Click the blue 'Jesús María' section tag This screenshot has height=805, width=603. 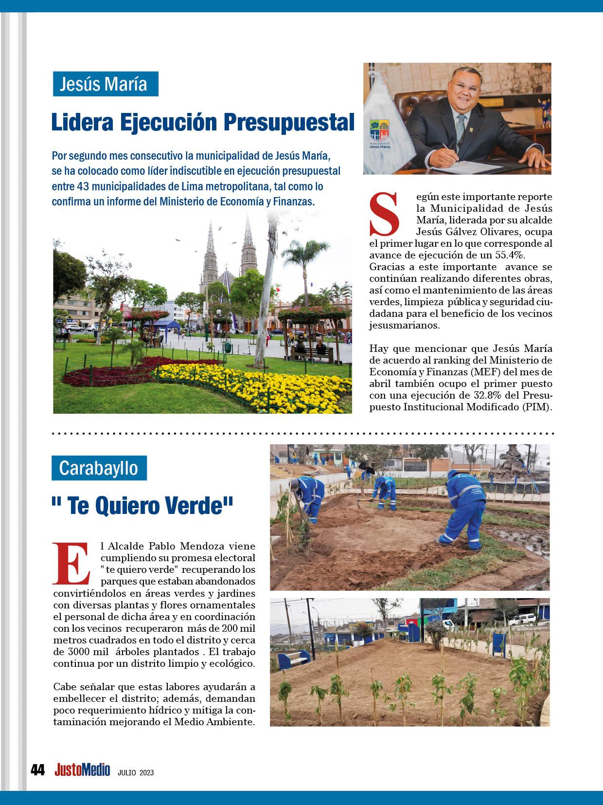pos(106,84)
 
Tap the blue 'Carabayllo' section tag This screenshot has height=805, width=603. pos(99,468)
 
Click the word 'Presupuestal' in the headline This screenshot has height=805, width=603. pos(290,122)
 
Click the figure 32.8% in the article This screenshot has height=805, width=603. pos(489,395)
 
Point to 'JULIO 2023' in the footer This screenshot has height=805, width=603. pos(136,772)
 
